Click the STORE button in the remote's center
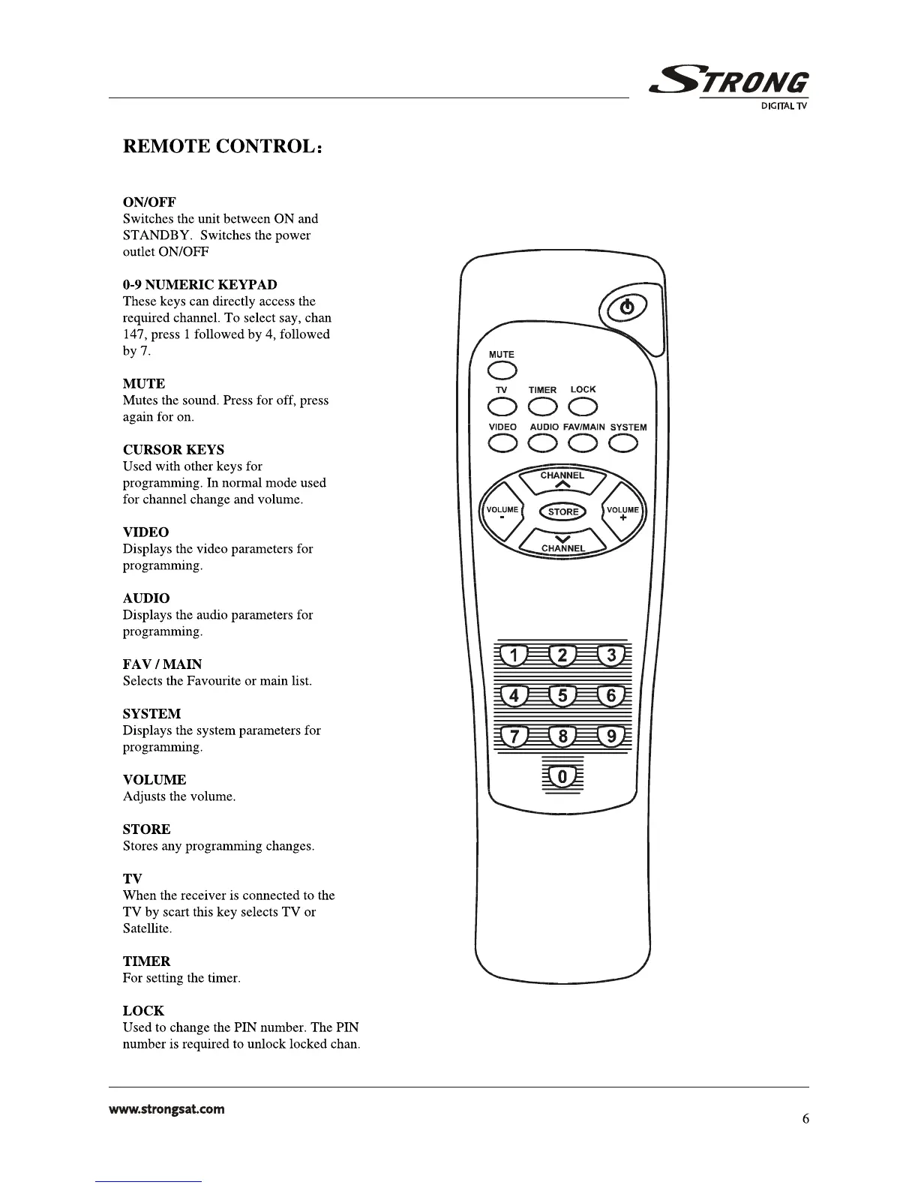(563, 511)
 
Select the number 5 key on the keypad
(563, 697)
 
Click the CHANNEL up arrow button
(562, 480)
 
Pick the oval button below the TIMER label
(542, 406)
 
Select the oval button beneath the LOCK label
(583, 406)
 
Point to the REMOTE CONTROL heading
(223, 146)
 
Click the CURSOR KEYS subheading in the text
(173, 450)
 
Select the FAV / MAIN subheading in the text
(162, 664)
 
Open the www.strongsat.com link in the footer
(166, 1108)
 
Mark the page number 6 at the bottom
(805, 1119)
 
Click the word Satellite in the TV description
(147, 928)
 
